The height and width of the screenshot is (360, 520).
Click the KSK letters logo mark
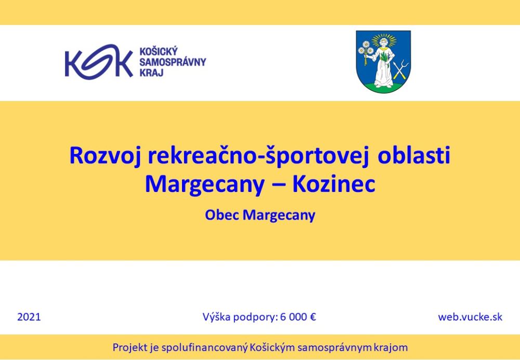coord(99,62)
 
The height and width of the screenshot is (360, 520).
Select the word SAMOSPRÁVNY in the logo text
coord(173,62)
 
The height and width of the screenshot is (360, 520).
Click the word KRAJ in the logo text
coord(151,72)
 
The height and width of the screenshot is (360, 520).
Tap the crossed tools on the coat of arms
coord(400,69)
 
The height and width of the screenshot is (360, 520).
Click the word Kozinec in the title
coord(334,185)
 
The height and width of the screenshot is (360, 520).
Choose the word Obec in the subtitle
coord(222,215)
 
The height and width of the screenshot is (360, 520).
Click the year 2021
coord(29,317)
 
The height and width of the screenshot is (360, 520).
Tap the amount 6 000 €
coord(298,317)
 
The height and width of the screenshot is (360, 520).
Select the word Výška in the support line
coord(216,317)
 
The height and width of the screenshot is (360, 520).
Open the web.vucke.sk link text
coord(470,317)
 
